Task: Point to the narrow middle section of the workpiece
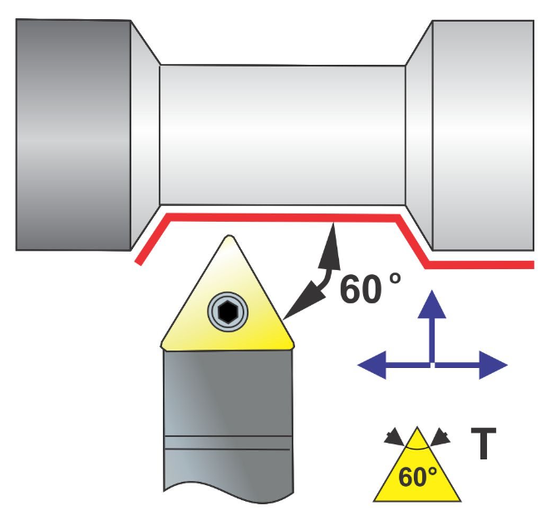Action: [x=283, y=133]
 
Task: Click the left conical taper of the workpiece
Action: [x=145, y=133]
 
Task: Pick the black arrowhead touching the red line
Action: [x=333, y=234]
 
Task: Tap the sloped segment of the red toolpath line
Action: [x=413, y=241]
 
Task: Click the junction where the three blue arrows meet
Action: [x=431, y=364]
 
